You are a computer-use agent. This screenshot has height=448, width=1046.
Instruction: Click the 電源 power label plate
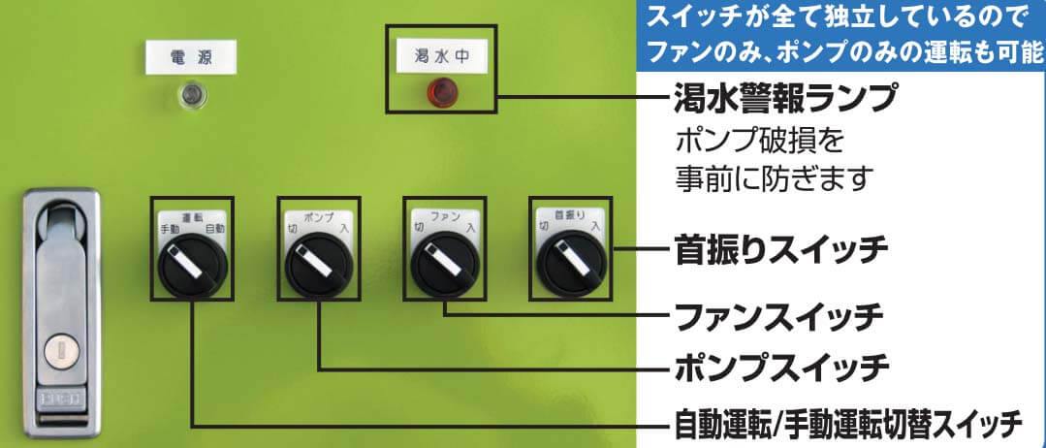pyautogui.click(x=191, y=56)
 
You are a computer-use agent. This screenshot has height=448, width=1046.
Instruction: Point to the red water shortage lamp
pyautogui.click(x=442, y=94)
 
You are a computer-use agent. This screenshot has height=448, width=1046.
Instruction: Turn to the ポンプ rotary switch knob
pyautogui.click(x=320, y=264)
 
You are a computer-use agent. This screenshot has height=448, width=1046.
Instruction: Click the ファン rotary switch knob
pyautogui.click(x=443, y=263)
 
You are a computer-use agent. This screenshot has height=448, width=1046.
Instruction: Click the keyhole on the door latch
pyautogui.click(x=59, y=346)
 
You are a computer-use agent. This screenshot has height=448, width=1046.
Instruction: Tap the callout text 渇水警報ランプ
pyautogui.click(x=784, y=98)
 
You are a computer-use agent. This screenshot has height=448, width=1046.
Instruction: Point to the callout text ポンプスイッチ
pyautogui.click(x=781, y=368)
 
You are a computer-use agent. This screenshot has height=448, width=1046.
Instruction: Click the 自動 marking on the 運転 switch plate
pyautogui.click(x=215, y=229)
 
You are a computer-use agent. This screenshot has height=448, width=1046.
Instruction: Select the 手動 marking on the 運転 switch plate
pyautogui.click(x=170, y=229)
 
